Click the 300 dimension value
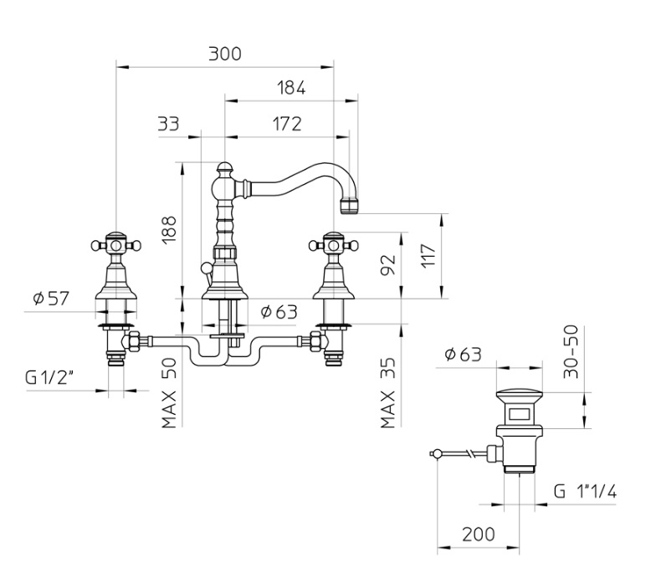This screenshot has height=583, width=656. coord(224,54)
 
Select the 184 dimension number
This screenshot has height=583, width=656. coord(290,88)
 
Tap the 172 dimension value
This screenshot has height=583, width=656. coord(286,124)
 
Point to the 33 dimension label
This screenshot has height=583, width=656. coord(168,124)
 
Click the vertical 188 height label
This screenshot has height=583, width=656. coord(170,228)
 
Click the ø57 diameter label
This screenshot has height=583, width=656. coord(49,298)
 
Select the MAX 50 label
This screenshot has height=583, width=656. coord(170,396)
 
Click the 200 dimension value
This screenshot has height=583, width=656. coord(478,534)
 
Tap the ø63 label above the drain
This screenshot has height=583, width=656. coord(463,355)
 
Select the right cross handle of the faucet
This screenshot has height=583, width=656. coord(334,245)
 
